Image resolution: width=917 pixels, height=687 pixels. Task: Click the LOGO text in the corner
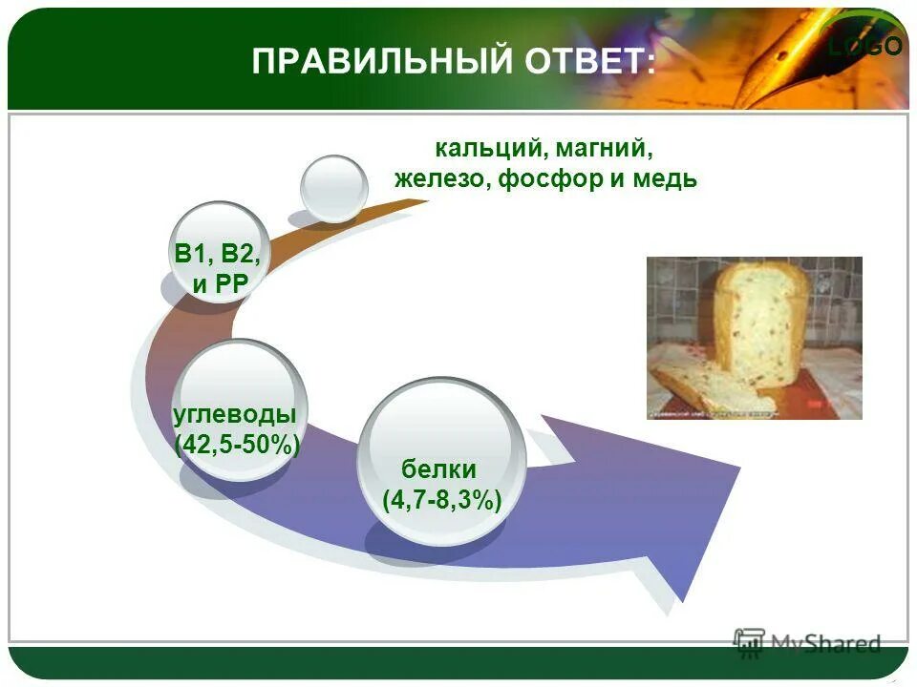click(865, 46)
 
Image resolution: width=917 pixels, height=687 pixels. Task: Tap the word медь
click(664, 179)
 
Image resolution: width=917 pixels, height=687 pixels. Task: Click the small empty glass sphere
click(333, 188)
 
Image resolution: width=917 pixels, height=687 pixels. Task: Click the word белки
click(438, 468)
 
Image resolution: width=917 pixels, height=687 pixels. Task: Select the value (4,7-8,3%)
click(441, 499)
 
